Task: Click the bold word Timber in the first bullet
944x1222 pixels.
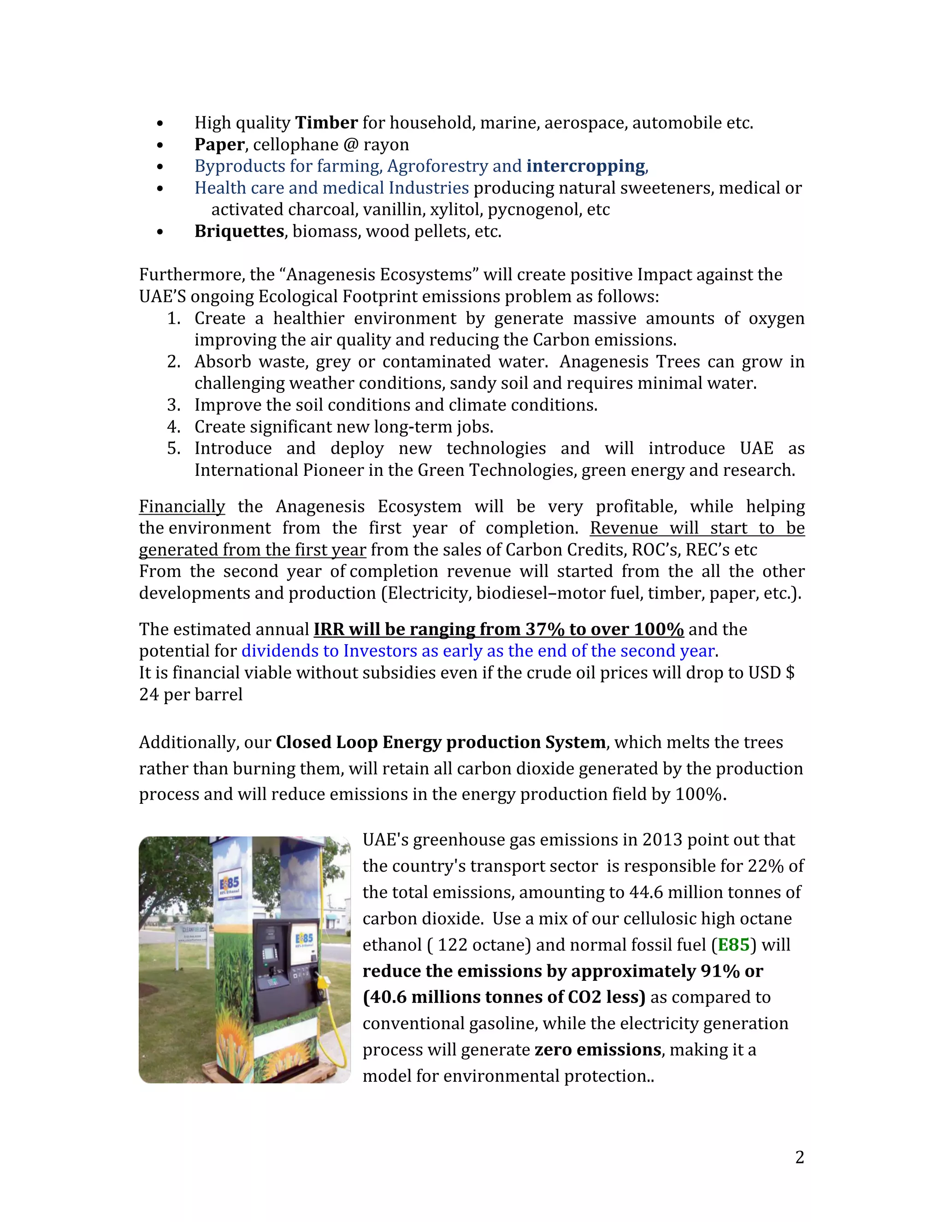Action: coord(326,123)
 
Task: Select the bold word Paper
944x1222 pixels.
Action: coord(219,144)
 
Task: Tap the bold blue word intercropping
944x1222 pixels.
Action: coord(585,166)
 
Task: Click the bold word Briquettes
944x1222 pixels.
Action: coord(239,231)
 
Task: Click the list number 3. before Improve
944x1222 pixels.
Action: coord(173,405)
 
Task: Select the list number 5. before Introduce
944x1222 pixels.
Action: coord(173,448)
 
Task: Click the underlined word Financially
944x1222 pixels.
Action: coord(182,506)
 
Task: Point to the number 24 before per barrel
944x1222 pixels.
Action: coord(149,695)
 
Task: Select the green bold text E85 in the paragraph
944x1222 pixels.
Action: coord(733,945)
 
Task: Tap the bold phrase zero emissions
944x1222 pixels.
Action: coord(597,1050)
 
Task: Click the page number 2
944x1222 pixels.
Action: coord(799,1157)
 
